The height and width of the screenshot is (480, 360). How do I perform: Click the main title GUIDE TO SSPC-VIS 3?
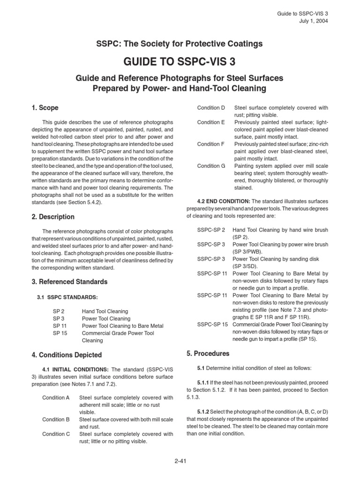pyautogui.click(x=180, y=62)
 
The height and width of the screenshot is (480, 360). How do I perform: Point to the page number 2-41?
pyautogui.click(x=180, y=461)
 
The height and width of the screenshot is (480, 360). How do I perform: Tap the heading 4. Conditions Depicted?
pyautogui.click(x=66, y=355)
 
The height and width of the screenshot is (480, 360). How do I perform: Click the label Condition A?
pyautogui.click(x=56, y=397)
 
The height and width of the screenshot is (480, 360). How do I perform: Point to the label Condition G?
pyautogui.click(x=211, y=165)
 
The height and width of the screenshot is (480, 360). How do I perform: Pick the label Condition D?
pyautogui.click(x=211, y=108)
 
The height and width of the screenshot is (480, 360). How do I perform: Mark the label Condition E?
pyautogui.click(x=211, y=122)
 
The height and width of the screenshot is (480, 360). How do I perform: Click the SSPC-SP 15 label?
pyautogui.click(x=212, y=324)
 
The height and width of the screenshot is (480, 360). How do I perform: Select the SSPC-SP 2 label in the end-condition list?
pyautogui.click(x=211, y=230)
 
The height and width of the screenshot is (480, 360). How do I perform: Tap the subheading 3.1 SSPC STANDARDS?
pyautogui.click(x=67, y=297)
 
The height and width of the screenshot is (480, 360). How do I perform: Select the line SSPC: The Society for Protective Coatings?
pyautogui.click(x=180, y=44)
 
